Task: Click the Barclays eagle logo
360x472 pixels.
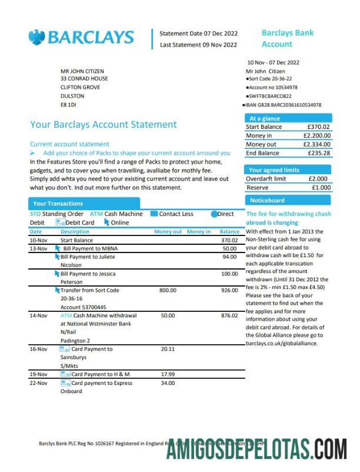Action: coord(36,37)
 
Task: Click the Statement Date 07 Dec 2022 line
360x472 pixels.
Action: coord(198,34)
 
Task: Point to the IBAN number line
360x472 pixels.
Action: coord(283,105)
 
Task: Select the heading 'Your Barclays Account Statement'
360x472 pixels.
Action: coord(103,125)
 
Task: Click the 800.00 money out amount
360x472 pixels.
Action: coord(168,290)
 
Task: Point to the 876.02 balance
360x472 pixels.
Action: coord(229,315)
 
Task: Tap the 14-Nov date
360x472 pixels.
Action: coord(39,315)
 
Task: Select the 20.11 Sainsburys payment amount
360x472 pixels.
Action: coord(168,349)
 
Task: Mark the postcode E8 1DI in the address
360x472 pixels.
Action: coord(69,105)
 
